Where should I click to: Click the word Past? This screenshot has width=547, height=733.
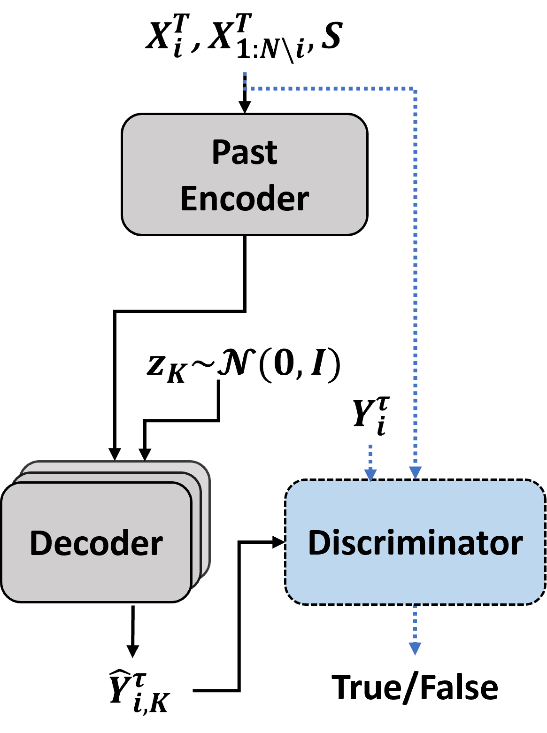pos(244,152)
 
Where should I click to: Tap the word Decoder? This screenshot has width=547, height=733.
pos(96,543)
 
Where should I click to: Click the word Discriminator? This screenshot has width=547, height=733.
pos(415,543)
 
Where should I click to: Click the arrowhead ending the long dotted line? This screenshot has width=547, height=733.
pos(415,472)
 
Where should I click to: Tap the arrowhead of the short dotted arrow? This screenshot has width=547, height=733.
pos(370,475)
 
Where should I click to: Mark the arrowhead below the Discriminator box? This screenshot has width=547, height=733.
pos(415,648)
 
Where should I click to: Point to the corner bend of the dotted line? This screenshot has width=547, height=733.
pos(415,88)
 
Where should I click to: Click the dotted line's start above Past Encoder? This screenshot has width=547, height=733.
pos(245,75)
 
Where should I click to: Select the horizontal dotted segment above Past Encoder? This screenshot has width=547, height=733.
pos(329,88)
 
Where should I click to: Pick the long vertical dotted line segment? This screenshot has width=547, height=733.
pos(415,282)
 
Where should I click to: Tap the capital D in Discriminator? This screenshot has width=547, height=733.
pos(318,543)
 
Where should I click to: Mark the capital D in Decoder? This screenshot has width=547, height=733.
pos(40,543)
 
